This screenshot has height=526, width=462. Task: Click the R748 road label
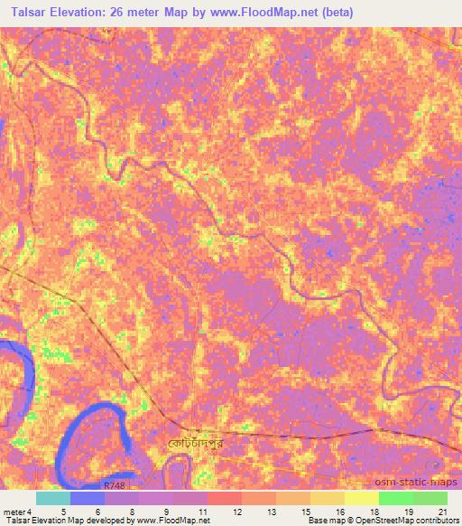pyautogui.click(x=115, y=485)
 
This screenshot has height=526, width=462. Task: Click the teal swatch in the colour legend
pyautogui.click(x=52, y=498)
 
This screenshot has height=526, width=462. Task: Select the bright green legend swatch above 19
pyautogui.click(x=396, y=498)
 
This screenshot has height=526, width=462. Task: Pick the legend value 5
pyautogui.click(x=62, y=512)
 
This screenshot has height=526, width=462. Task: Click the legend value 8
pyautogui.click(x=133, y=512)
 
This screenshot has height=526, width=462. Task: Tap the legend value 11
pyautogui.click(x=201, y=512)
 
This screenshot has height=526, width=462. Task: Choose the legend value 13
pyautogui.click(x=271, y=512)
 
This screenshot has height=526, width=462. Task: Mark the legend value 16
pyautogui.click(x=340, y=512)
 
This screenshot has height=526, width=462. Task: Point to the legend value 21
pyautogui.click(x=442, y=512)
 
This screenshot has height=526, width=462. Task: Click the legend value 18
pyautogui.click(x=374, y=512)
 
